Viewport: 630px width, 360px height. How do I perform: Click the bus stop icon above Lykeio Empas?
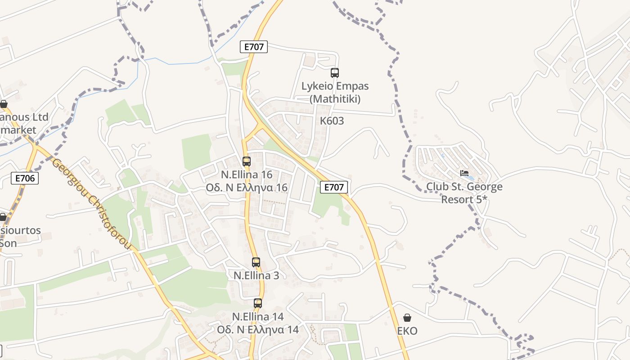click(x=334, y=72)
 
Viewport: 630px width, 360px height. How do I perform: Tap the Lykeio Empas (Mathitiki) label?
click(x=335, y=92)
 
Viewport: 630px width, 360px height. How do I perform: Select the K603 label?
click(x=332, y=121)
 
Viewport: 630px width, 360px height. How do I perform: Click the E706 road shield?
click(x=25, y=178)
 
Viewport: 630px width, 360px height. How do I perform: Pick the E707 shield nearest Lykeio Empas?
click(x=254, y=47)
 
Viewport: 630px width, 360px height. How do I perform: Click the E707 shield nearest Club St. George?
click(x=333, y=187)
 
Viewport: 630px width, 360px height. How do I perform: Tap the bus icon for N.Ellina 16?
click(x=246, y=161)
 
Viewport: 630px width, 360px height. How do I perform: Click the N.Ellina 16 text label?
click(x=246, y=174)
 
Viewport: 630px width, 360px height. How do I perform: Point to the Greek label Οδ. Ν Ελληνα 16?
click(x=246, y=187)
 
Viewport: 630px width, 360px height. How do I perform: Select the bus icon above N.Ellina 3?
click(x=256, y=262)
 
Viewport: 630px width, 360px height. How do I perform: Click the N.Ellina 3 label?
click(x=256, y=275)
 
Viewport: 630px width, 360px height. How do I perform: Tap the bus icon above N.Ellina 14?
click(x=257, y=303)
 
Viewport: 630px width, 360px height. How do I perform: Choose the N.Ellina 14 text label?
click(x=257, y=316)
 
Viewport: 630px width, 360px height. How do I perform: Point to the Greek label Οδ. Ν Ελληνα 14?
click(x=257, y=329)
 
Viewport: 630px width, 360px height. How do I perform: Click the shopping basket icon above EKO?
click(x=407, y=318)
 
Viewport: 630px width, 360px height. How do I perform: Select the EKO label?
click(x=407, y=331)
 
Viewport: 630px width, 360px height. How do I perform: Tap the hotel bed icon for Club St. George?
click(x=464, y=173)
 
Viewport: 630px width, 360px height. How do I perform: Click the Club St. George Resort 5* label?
click(x=464, y=193)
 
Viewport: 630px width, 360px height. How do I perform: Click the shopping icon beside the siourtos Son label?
click(x=3, y=217)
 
